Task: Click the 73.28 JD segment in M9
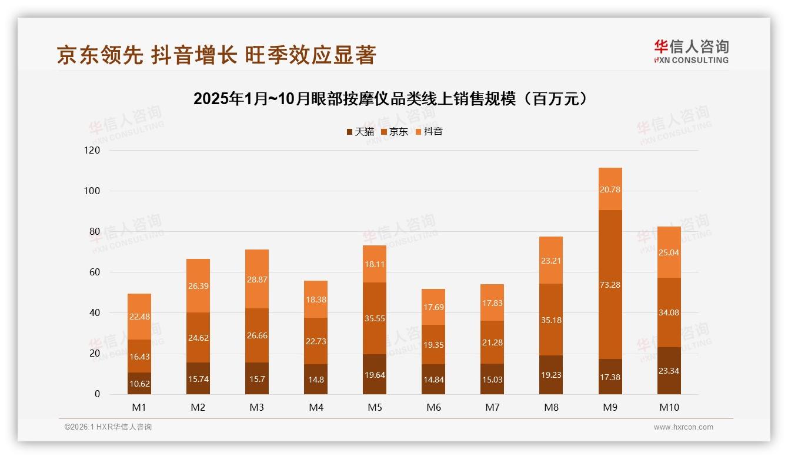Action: (x=610, y=285)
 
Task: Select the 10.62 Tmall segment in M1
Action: (x=139, y=383)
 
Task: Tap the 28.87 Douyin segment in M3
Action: (x=257, y=278)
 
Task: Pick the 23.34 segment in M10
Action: (x=669, y=371)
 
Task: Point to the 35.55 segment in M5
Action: (x=375, y=318)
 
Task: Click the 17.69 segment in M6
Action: (x=433, y=307)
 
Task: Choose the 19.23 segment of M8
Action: (x=551, y=375)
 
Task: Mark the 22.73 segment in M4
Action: (x=316, y=341)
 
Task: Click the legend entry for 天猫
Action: (x=360, y=132)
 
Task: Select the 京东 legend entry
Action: (x=395, y=132)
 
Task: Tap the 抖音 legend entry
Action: (x=429, y=132)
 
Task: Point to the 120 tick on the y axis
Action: (x=93, y=151)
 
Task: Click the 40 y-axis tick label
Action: (x=95, y=313)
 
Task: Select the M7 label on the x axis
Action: (x=492, y=407)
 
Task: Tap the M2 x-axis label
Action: (x=198, y=407)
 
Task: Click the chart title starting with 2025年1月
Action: (x=390, y=99)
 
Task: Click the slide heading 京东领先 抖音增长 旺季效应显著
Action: (x=216, y=55)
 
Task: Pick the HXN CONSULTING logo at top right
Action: (x=691, y=52)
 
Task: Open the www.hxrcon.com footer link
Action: (x=683, y=427)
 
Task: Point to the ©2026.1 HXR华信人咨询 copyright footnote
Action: (x=108, y=427)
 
